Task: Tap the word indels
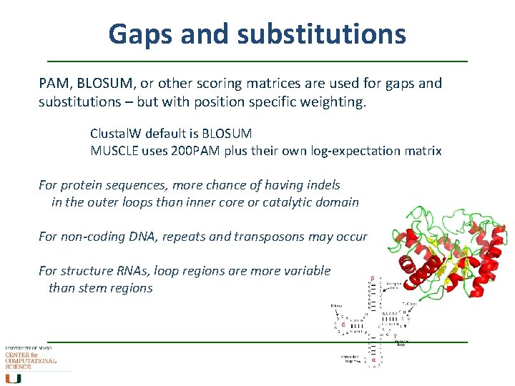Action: click(321, 185)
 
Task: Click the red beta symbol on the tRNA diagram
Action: click(371, 278)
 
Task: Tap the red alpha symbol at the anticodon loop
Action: click(373, 361)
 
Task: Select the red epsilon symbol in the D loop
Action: click(344, 324)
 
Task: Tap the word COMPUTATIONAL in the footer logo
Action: click(31, 361)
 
